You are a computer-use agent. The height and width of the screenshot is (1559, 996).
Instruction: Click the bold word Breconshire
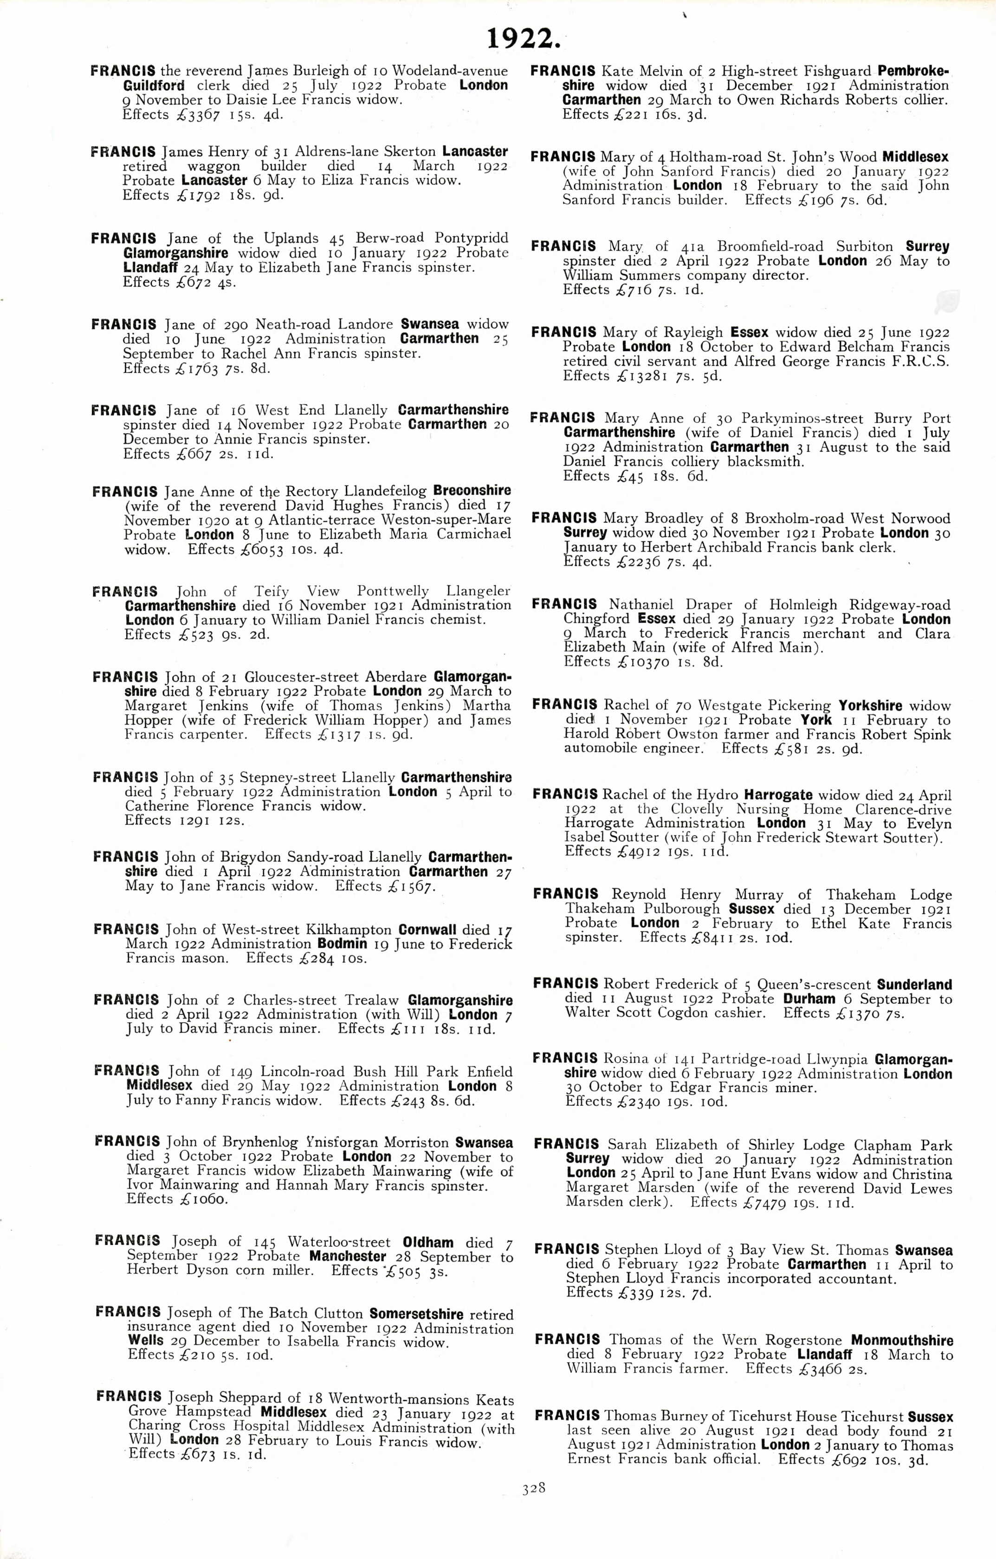(472, 491)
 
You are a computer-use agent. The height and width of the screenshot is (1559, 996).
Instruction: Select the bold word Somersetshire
(416, 1314)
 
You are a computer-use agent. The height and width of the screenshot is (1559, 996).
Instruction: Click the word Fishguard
(840, 71)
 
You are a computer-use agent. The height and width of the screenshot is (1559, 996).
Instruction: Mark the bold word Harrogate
(778, 795)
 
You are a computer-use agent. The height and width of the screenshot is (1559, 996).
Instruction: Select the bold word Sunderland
(914, 985)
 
